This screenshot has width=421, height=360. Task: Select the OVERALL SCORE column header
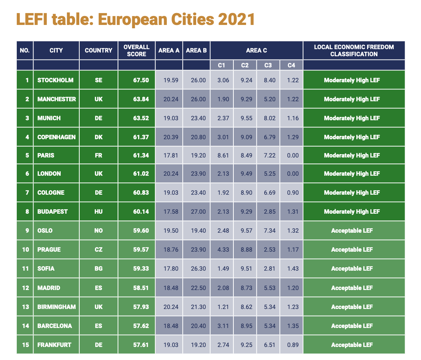point(136,50)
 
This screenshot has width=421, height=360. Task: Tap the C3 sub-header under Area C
point(268,65)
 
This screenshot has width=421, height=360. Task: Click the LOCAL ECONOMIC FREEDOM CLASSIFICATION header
point(354,50)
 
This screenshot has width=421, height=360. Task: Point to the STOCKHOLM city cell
point(55,80)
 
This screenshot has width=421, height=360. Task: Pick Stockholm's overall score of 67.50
point(141,80)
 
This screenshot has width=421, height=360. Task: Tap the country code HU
point(98,211)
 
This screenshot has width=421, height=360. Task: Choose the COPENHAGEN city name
point(56,137)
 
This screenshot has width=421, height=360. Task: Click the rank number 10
point(25,249)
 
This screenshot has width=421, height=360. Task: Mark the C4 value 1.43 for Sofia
point(293,268)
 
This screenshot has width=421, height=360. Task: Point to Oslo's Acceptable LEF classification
point(352,230)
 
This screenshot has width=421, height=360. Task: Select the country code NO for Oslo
point(98,230)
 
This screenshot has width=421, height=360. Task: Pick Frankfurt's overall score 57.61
point(141,345)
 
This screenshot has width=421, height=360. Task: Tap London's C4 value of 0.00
point(293,173)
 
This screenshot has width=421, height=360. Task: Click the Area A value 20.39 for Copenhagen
point(170,137)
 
